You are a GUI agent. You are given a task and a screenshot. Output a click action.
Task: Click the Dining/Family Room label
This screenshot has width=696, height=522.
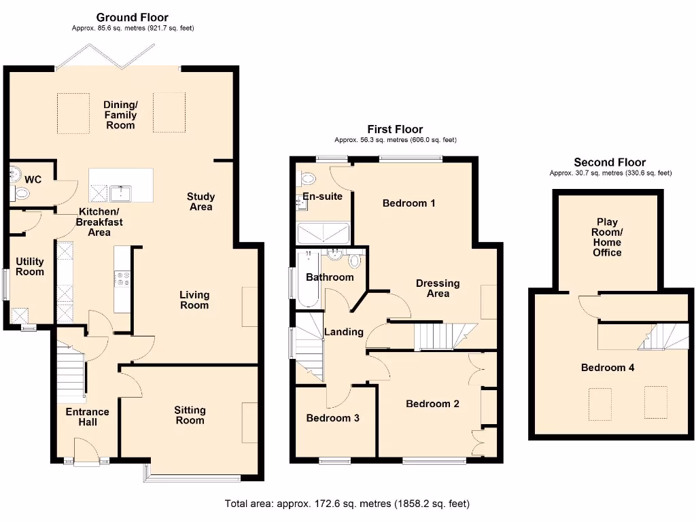[120, 115]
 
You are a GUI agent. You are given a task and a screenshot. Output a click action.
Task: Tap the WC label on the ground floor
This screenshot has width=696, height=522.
[33, 179]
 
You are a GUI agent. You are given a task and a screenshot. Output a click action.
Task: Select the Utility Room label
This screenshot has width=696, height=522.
[30, 266]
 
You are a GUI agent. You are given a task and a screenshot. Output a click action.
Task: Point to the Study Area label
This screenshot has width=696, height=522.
[201, 202]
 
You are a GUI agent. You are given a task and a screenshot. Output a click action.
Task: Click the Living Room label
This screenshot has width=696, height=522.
[194, 300]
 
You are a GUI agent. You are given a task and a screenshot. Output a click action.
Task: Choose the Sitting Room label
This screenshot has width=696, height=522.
[190, 415]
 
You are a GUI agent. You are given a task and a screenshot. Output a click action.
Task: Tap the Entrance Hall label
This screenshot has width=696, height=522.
[87, 417]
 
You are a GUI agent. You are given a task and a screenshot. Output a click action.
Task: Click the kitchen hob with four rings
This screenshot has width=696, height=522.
[122, 279]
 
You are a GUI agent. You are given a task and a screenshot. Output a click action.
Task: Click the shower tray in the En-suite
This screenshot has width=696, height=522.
[324, 234]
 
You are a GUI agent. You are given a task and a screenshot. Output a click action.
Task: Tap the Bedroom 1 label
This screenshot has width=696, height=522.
[408, 203]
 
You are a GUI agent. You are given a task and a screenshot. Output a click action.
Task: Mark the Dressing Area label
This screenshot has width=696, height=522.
[438, 288]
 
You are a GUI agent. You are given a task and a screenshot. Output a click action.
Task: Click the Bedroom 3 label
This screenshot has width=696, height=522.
[332, 418]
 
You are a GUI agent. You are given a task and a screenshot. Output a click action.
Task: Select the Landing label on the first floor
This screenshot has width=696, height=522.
[343, 332]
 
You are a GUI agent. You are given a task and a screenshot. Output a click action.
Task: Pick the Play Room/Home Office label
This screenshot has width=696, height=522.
[607, 237]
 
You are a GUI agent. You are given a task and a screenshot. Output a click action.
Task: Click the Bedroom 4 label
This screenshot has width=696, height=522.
[608, 368]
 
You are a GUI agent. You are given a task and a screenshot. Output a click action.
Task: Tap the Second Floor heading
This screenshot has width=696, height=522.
[610, 162]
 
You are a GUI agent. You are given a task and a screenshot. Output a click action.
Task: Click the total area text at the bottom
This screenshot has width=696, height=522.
[347, 504]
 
